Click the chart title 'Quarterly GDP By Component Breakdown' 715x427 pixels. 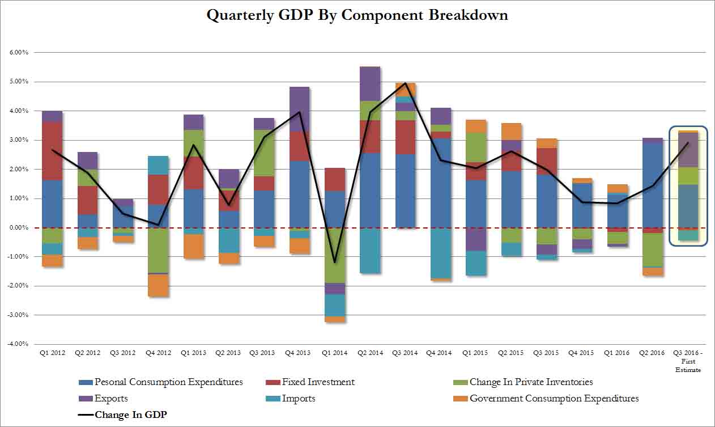click(x=357, y=15)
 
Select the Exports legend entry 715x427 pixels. click(x=111, y=399)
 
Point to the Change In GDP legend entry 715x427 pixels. click(x=130, y=415)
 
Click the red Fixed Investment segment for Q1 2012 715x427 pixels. click(x=52, y=151)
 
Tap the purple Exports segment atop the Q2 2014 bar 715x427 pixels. click(x=370, y=84)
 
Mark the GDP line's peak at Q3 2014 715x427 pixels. click(x=406, y=83)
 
